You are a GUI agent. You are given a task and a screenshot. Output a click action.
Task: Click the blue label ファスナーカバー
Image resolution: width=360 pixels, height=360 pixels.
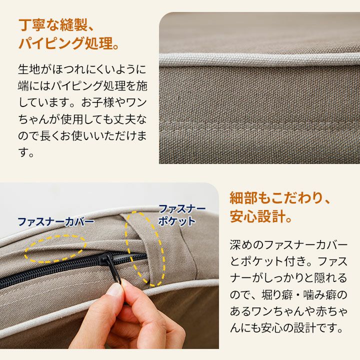pos(56,222)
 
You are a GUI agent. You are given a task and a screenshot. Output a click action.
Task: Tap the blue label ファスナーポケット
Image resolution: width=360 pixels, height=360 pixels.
pos(181,215)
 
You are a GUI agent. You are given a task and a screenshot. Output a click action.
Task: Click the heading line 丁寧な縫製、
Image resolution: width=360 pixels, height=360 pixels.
pos(56,25)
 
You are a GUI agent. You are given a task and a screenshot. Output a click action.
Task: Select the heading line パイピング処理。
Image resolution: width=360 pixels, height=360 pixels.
pos(69,43)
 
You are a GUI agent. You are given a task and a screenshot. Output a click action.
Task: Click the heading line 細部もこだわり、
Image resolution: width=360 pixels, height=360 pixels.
pos(280,198)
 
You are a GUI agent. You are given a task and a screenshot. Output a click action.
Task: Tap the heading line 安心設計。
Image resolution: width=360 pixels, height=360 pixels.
pos(261,216)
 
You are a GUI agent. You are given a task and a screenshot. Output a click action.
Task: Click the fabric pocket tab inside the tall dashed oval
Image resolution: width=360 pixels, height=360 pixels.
pos(147,248)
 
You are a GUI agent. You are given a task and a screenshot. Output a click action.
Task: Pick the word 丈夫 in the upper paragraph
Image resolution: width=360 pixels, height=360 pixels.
pos(124,119)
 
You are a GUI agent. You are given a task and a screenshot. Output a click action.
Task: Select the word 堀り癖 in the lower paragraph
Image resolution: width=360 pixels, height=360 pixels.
pos(277,295)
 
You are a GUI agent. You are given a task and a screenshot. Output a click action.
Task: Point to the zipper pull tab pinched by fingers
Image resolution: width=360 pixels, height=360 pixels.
pos(116,273)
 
